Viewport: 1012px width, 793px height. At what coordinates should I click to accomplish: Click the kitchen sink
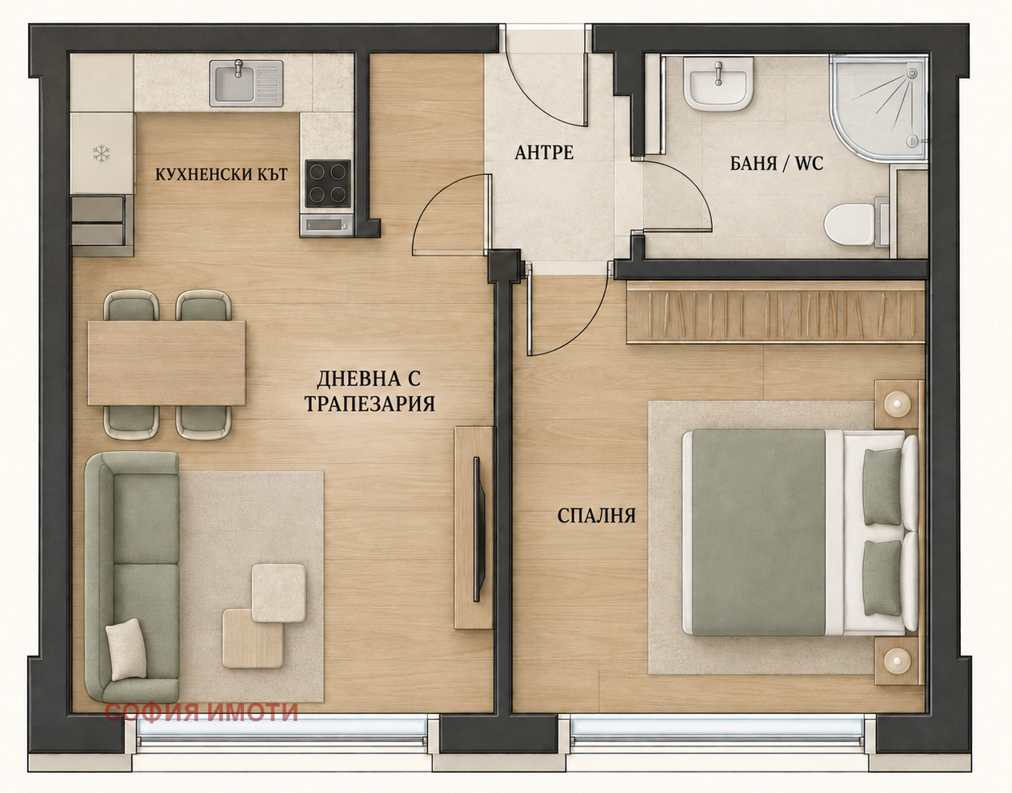pyautogui.click(x=246, y=83)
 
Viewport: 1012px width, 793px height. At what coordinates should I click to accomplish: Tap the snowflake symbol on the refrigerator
pyautogui.click(x=101, y=153)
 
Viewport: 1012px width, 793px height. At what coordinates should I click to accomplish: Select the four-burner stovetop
pyautogui.click(x=328, y=183)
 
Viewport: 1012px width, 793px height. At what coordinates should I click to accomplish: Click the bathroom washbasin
pyautogui.click(x=718, y=84)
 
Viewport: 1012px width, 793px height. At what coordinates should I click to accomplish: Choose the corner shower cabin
pyautogui.click(x=878, y=109)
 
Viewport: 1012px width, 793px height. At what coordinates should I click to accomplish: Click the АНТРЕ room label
pyautogui.click(x=544, y=153)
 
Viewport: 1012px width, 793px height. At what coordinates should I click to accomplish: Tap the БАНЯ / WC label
pyautogui.click(x=776, y=163)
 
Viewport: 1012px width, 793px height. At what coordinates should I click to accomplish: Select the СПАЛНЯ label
pyautogui.click(x=597, y=516)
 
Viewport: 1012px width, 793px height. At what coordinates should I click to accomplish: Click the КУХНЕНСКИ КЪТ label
pyautogui.click(x=222, y=174)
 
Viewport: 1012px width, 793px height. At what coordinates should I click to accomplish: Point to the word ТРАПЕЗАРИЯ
pyautogui.click(x=370, y=404)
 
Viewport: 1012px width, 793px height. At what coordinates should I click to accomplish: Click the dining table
pyautogui.click(x=166, y=364)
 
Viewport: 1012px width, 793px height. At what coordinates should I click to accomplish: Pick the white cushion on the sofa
pyautogui.click(x=126, y=649)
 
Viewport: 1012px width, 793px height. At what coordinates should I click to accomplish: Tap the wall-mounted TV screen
pyautogui.click(x=477, y=529)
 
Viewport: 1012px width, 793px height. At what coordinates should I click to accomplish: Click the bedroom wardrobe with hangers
pyautogui.click(x=775, y=311)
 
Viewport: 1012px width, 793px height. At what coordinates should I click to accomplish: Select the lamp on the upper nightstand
pyautogui.click(x=897, y=404)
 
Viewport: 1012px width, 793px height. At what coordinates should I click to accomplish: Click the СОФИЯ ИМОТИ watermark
pyautogui.click(x=201, y=712)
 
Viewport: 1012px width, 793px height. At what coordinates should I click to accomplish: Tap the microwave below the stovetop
pyautogui.click(x=326, y=225)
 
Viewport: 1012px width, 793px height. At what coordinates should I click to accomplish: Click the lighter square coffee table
pyautogui.click(x=278, y=593)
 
